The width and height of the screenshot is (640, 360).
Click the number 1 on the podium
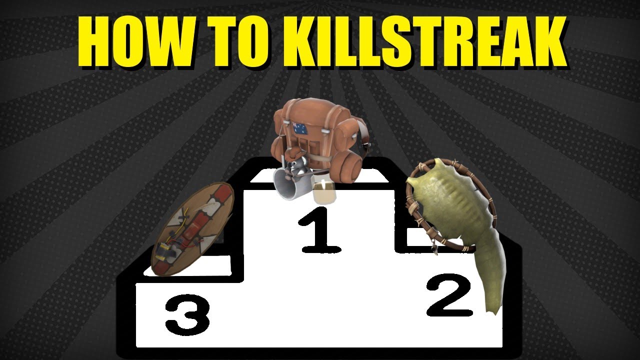320,230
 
